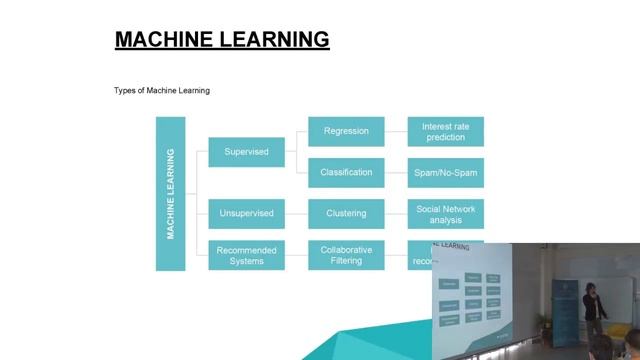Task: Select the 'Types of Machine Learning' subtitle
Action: click(162, 91)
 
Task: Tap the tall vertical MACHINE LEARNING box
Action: click(171, 194)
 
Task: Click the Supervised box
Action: click(246, 152)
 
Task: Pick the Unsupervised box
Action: click(246, 213)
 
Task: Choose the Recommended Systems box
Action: click(246, 255)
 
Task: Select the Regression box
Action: click(346, 131)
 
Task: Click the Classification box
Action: click(346, 173)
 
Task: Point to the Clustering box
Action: click(346, 213)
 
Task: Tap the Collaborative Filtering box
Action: click(346, 255)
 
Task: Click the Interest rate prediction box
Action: click(446, 131)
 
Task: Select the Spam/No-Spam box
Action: click(446, 173)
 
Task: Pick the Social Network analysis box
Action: click(446, 213)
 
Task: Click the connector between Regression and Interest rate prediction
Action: click(396, 131)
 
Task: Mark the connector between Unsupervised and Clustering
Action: click(297, 213)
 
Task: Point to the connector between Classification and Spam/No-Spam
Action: click(396, 173)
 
